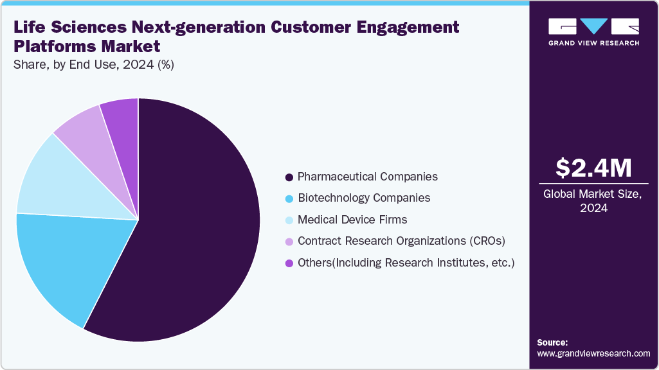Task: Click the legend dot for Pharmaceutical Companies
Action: [x=289, y=177]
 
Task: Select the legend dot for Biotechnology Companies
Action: [x=289, y=198]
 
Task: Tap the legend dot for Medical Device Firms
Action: [x=289, y=220]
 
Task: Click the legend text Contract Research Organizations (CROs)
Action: [x=402, y=242]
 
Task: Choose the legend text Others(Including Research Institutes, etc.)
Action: [x=406, y=263]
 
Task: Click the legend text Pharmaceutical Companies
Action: [x=368, y=177]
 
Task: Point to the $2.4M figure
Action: [x=593, y=168]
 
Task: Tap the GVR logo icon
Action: [x=593, y=26]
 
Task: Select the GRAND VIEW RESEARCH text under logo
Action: [x=593, y=43]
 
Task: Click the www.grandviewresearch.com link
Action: [x=593, y=353]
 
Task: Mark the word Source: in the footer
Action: [x=552, y=342]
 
